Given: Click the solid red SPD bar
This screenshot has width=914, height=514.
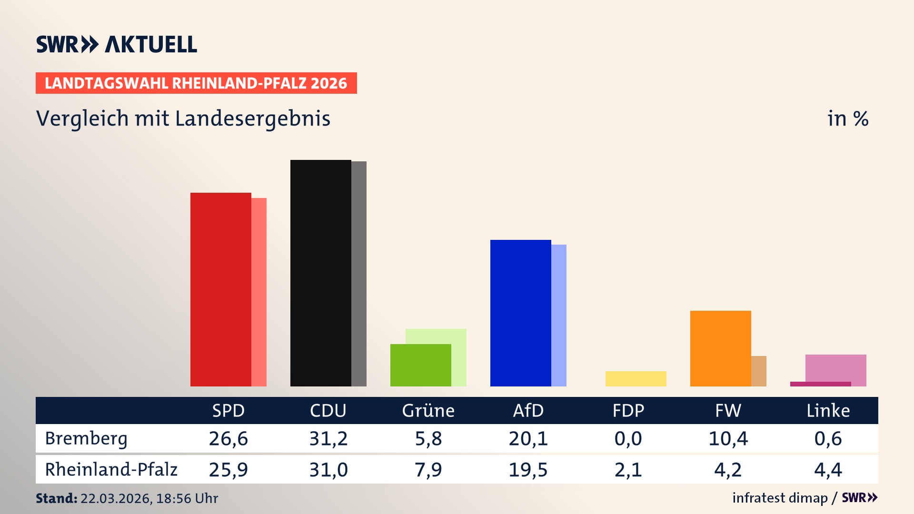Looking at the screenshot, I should click(220, 289).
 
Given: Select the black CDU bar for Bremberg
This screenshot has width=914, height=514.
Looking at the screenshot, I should click(320, 273).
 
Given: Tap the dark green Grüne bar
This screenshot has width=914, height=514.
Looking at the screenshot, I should click(420, 365).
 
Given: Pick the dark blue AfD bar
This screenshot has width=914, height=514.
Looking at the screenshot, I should click(520, 313).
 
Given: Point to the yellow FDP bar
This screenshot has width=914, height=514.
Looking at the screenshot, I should click(636, 379).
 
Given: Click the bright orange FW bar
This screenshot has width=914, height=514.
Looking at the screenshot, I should click(720, 348).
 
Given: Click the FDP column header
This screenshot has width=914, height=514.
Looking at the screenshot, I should click(628, 411).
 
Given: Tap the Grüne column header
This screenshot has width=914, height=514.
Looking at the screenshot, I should click(428, 411).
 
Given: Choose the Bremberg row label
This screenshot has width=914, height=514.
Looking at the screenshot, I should click(86, 438).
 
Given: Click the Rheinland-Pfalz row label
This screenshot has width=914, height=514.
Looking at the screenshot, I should click(111, 470).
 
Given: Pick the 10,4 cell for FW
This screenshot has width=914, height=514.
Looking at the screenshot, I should click(728, 438).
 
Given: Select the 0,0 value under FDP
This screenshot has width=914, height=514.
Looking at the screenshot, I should click(628, 438).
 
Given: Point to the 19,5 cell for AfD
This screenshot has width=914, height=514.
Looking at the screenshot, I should click(528, 470).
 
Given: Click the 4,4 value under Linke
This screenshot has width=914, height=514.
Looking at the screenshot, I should click(828, 470).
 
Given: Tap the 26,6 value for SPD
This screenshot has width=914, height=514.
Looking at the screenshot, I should click(228, 438).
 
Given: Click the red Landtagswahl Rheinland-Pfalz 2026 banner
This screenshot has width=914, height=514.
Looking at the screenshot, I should click(196, 83).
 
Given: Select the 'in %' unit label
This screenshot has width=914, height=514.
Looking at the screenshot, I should click(847, 119).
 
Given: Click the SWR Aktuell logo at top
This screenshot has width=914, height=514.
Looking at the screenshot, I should click(117, 44).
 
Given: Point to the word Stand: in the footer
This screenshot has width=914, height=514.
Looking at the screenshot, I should click(56, 498).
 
